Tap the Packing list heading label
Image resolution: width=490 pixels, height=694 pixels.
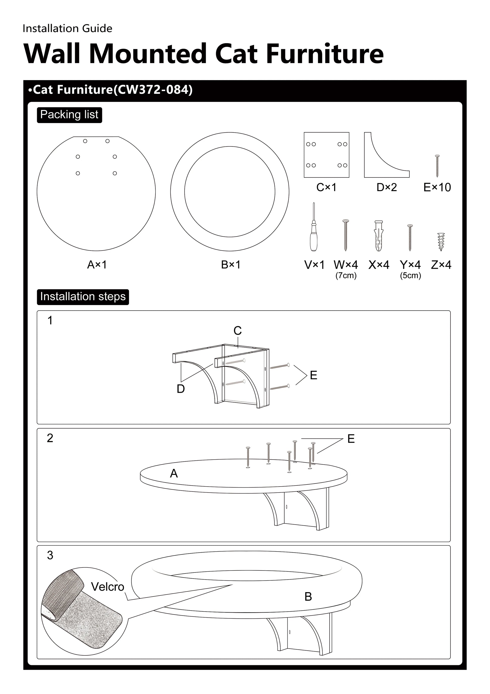pos(69,115)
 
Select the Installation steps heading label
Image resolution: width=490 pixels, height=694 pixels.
pos(83,297)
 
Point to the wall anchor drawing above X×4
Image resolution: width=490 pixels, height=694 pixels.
pos(379,236)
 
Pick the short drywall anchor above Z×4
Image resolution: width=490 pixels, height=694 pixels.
pos(441,242)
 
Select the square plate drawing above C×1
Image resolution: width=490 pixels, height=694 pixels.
pos(326,155)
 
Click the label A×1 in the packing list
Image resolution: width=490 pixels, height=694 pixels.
pos(97,265)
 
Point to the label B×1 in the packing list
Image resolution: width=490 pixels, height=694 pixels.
pos(231,265)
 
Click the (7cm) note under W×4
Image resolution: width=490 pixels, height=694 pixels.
pos(346,276)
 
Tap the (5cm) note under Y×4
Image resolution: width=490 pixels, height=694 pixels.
pos(410,276)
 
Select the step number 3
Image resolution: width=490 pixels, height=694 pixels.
pos(50,555)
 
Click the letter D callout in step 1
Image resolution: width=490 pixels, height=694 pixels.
pos(181,389)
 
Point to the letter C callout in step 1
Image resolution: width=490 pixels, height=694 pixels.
pos(238,331)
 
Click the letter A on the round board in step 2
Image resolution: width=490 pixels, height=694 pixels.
pos(174,474)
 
